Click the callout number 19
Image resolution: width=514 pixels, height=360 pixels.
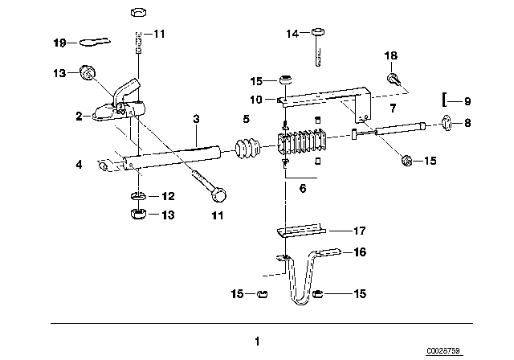[59, 43]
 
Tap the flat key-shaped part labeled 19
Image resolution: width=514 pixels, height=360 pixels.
[95, 42]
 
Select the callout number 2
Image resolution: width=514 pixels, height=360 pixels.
[79, 116]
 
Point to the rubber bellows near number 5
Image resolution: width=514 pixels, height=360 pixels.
[247, 149]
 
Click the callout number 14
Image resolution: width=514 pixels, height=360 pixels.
[292, 34]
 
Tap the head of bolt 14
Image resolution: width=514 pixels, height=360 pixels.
[318, 32]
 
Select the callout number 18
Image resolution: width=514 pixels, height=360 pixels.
[391, 55]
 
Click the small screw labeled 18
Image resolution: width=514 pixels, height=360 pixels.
[393, 79]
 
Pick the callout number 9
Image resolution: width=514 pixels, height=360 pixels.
[467, 101]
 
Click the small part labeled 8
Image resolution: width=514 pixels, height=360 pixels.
[447, 123]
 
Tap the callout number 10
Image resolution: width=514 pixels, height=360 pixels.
[256, 100]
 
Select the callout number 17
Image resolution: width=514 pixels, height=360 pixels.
[360, 231]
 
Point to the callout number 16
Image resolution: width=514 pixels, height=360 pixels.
[360, 252]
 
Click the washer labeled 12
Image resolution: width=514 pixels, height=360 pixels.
[139, 196]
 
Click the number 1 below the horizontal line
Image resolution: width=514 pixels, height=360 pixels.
[257, 342]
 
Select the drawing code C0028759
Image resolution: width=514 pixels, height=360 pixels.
[443, 351]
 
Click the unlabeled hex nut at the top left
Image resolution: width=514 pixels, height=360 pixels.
[138, 13]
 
